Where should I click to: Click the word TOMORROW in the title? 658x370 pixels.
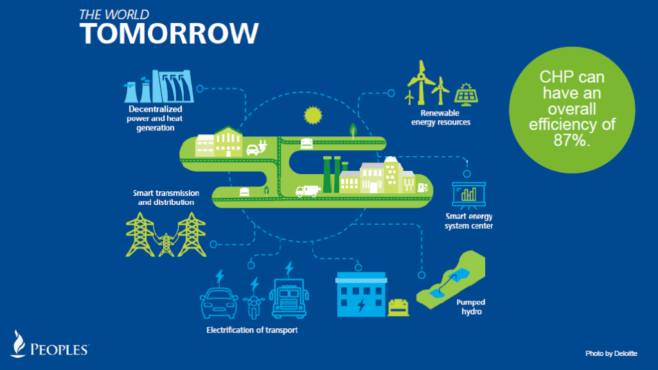tap(169, 32)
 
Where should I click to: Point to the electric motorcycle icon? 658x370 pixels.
tap(253, 301)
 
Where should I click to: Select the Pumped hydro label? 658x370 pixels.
tap(470, 306)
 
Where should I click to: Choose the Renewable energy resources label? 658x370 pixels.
tap(440, 117)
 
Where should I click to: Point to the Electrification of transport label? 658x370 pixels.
tap(252, 330)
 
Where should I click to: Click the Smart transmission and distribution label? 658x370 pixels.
tap(165, 197)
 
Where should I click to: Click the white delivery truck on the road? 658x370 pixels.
tap(307, 191)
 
